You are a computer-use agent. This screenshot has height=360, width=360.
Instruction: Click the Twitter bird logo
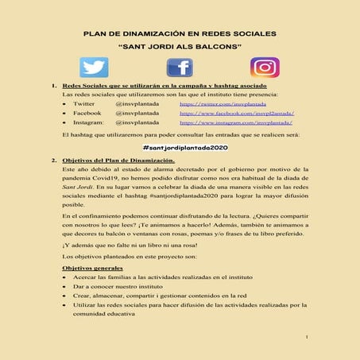95,68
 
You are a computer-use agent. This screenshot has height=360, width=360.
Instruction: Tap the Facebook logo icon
179,68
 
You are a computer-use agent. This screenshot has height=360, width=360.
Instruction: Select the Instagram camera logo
265,68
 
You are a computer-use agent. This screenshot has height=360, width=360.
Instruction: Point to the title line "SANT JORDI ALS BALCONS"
180,47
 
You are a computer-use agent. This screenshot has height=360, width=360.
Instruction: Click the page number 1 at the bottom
307,338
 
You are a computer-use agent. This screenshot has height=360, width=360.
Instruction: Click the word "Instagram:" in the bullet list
89,123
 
